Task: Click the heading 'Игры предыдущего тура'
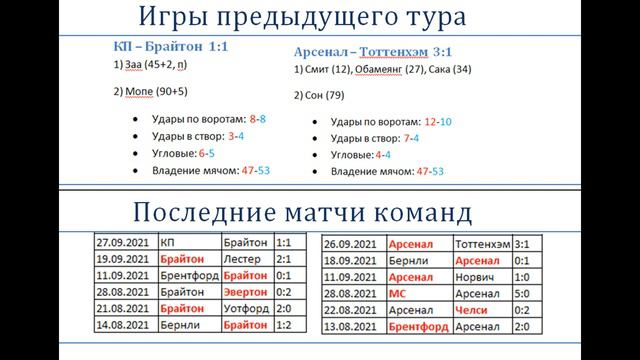point(319,18)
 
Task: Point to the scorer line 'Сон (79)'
point(324,96)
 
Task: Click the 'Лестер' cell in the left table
point(238,258)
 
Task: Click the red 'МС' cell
point(400,293)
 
